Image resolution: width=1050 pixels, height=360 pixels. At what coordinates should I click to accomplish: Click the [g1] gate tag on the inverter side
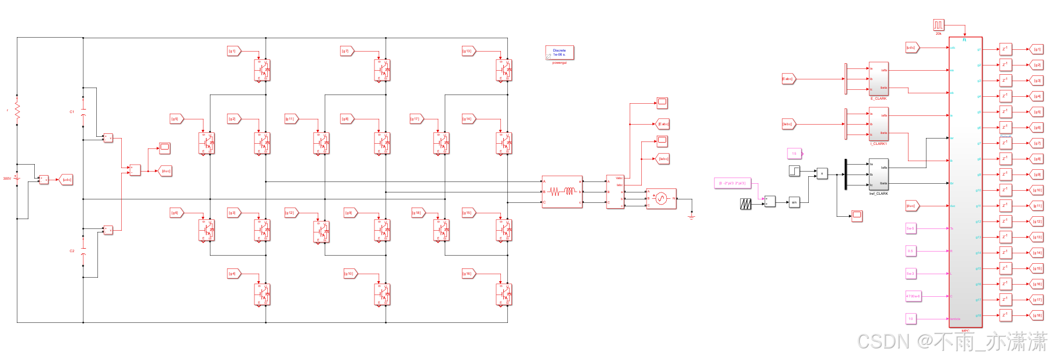pos(233,51)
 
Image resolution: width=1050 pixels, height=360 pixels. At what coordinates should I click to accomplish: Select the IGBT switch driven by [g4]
pos(263,294)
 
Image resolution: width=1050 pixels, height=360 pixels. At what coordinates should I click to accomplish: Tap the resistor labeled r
pos(17,110)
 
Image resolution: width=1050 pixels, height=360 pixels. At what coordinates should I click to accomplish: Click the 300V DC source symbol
pos(17,178)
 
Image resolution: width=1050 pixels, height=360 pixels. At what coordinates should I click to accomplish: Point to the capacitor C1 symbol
pos(83,111)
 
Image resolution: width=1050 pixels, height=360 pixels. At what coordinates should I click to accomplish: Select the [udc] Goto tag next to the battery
pos(66,180)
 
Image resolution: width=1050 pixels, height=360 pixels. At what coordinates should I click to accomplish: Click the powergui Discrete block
pos(559,53)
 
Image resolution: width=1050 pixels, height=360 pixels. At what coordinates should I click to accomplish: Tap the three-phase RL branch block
pos(562,192)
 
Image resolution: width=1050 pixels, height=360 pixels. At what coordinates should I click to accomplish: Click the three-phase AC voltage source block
pos(661,199)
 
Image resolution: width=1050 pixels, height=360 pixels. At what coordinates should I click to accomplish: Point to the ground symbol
pos(691,217)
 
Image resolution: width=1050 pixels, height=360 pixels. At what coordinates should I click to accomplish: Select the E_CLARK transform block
pos(878,79)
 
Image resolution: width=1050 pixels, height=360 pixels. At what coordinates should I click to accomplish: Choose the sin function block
pos(794,202)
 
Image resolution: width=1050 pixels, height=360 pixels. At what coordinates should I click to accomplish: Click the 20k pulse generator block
pos(939,25)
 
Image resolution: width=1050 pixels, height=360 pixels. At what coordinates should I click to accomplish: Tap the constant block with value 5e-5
pos(910,228)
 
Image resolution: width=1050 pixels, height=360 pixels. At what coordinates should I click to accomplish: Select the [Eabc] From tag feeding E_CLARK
pos(788,79)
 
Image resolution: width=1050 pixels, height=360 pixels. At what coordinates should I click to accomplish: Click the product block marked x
pos(822,173)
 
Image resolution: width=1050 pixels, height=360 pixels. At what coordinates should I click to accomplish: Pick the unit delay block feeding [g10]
pos(1005,190)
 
